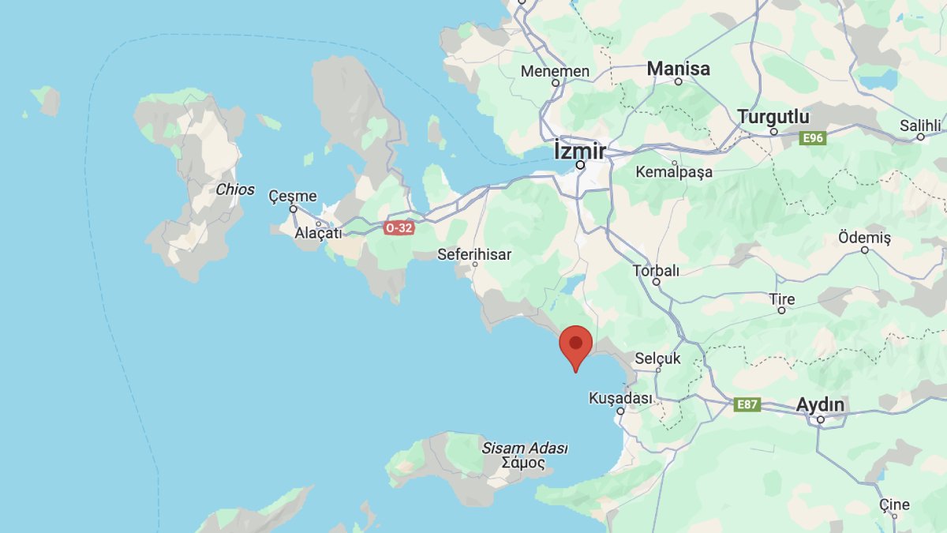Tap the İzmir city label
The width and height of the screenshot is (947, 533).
click(580, 150)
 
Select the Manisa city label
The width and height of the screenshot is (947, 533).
click(678, 69)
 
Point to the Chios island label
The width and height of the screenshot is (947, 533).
click(235, 190)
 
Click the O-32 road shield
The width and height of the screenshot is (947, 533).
click(399, 227)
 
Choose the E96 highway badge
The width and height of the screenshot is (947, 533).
click(812, 138)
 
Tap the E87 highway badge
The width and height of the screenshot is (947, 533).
click(747, 404)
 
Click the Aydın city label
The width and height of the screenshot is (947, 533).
click(820, 405)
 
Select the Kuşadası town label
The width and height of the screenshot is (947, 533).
click(620, 399)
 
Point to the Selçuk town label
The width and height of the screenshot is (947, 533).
click(657, 358)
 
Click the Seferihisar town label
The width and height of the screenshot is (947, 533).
click(474, 254)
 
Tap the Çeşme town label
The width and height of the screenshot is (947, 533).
click(292, 196)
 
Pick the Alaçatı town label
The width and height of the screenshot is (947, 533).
click(318, 233)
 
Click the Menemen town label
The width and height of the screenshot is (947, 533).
click(555, 71)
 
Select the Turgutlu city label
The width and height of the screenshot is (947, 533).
click(773, 117)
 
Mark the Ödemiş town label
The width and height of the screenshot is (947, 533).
click(864, 238)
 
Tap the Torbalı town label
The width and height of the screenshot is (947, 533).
click(656, 271)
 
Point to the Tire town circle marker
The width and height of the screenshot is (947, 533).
click(781, 310)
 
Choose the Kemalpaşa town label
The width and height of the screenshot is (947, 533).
click(674, 171)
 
